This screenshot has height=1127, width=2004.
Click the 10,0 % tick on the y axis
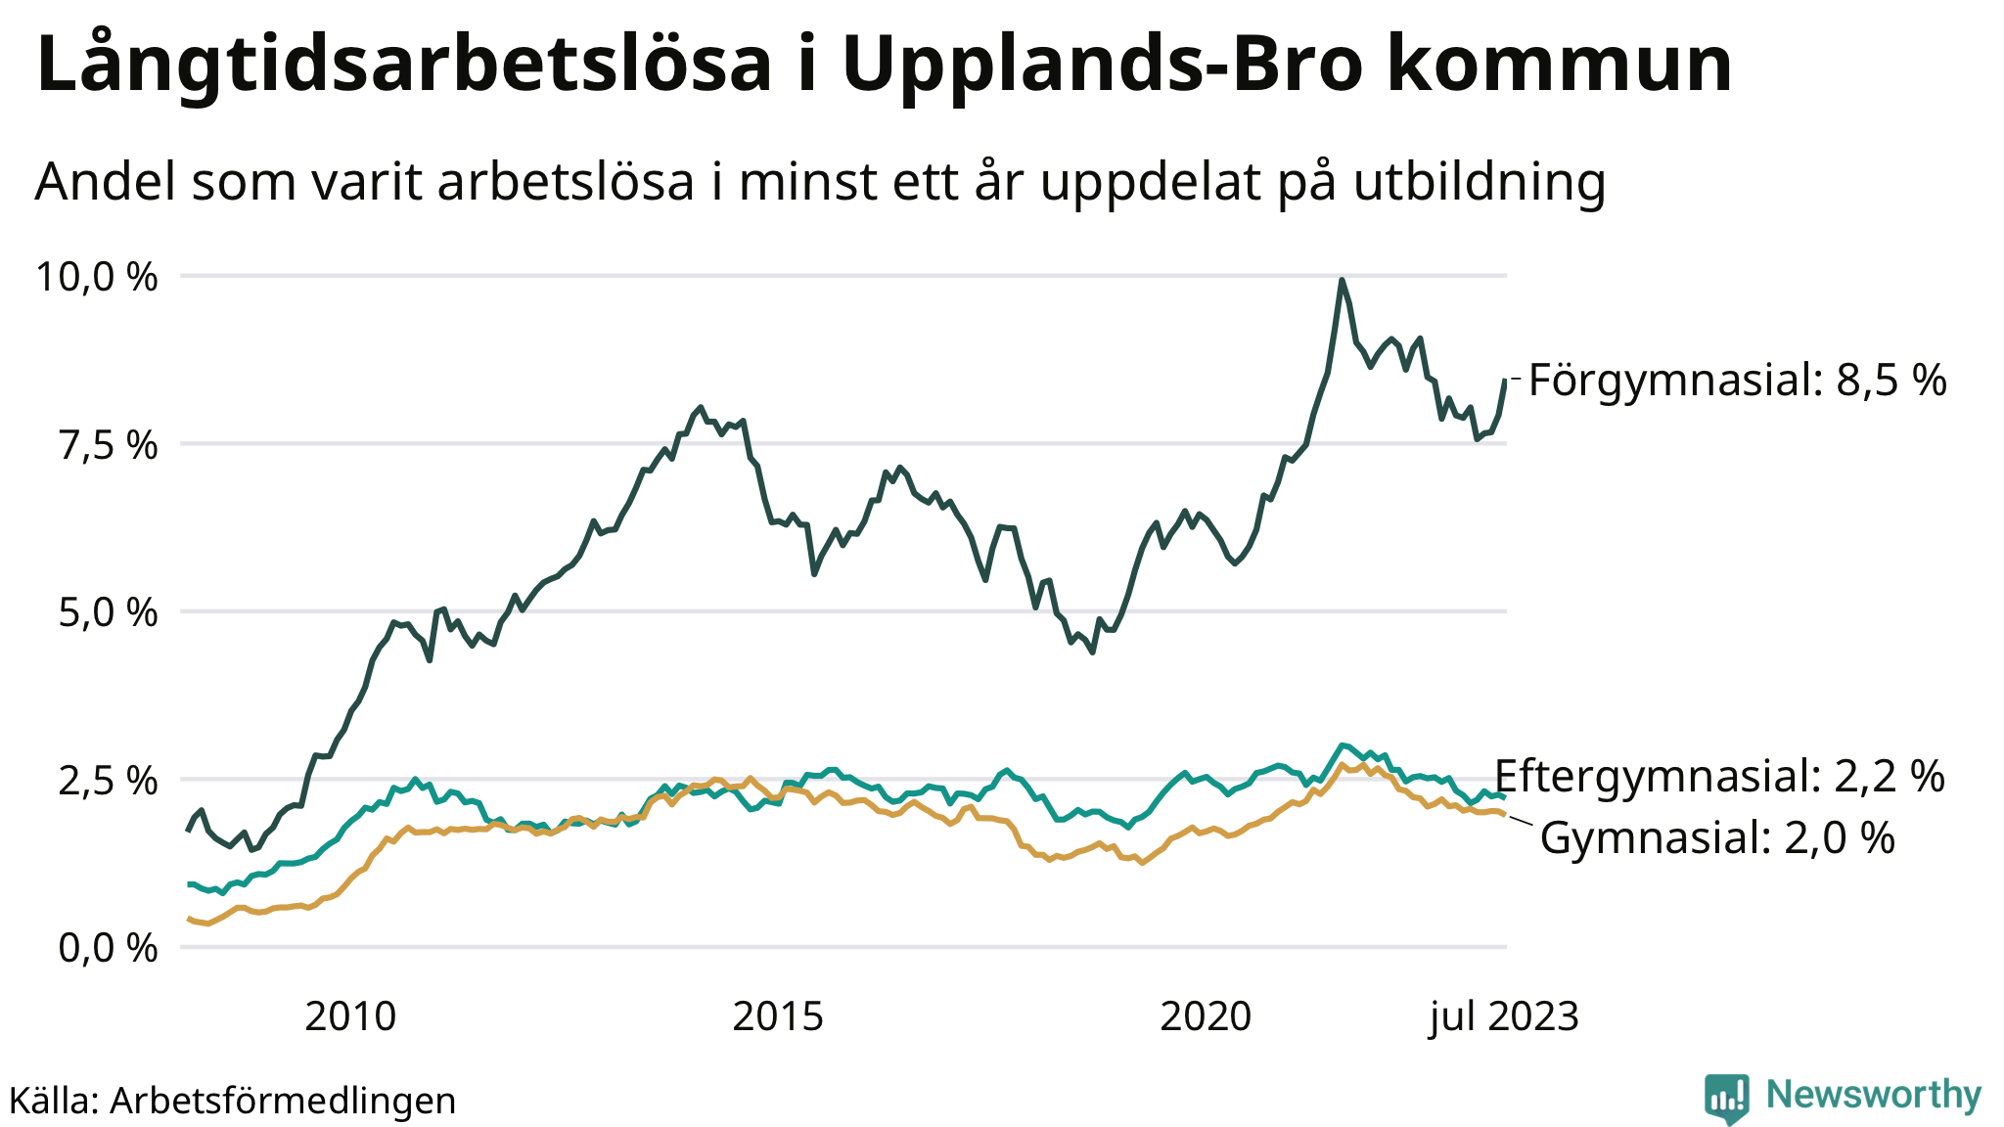click(x=96, y=277)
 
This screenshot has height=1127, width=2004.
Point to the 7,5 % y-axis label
click(x=108, y=445)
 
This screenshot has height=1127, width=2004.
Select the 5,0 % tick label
click(x=108, y=613)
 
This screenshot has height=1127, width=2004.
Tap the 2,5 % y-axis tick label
click(x=108, y=781)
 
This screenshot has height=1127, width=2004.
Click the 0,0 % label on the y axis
click(x=108, y=948)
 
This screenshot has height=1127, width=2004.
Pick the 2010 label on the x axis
click(x=350, y=1017)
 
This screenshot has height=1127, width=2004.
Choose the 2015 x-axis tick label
click(x=778, y=1017)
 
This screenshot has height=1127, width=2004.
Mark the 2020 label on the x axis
click(x=1206, y=1017)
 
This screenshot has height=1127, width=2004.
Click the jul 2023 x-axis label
click(x=1504, y=1017)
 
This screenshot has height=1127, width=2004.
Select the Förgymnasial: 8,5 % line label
click(x=1737, y=380)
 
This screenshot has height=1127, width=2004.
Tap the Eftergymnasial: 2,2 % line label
click(x=1719, y=776)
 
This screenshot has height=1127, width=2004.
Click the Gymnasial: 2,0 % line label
click(x=1717, y=838)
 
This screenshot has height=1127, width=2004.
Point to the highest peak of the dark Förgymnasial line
click(x=1342, y=280)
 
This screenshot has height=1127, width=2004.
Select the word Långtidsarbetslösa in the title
click(x=404, y=65)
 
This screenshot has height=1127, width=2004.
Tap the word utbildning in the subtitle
click(x=1480, y=182)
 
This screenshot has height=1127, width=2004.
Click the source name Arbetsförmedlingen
click(x=283, y=1101)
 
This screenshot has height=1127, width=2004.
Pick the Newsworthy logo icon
click(x=1726, y=1098)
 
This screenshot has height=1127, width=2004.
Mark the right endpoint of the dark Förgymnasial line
click(x=1505, y=380)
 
